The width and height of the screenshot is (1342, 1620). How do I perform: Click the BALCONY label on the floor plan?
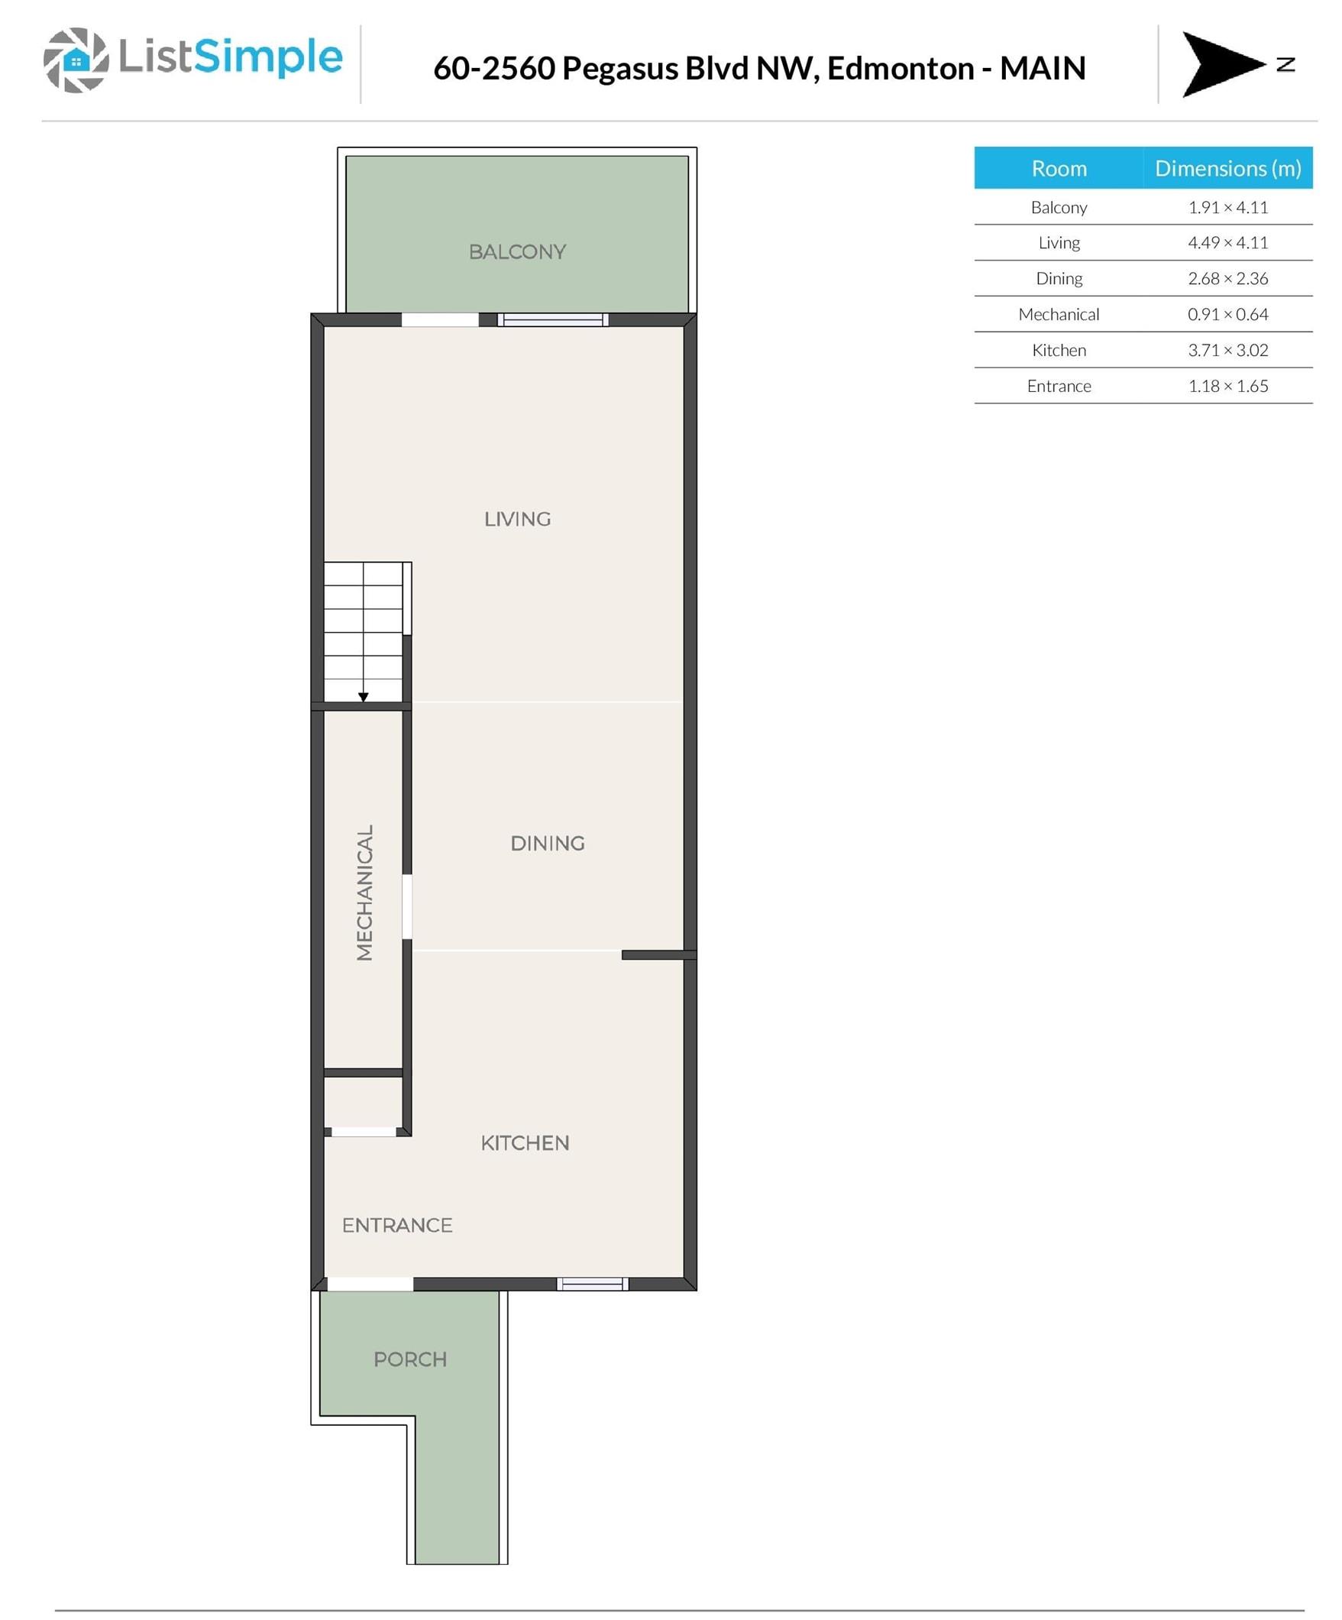pos(517,251)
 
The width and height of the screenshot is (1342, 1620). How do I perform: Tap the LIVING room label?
pos(517,519)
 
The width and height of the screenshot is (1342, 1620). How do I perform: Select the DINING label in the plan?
pos(547,843)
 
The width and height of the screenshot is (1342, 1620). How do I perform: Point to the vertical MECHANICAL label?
pos(364,892)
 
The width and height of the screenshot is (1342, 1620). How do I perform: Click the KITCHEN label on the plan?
pos(525,1142)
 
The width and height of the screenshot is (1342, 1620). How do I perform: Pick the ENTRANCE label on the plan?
pos(396,1225)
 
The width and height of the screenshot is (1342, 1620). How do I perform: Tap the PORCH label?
pos(409,1359)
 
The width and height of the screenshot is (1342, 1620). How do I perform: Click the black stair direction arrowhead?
pos(364,697)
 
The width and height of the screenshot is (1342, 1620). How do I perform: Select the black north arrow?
pos(1223,64)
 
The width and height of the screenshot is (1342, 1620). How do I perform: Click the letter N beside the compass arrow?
pos(1285,65)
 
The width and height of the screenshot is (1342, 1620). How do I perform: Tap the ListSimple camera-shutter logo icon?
pos(76,60)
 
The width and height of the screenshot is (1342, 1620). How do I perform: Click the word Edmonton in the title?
pos(900,68)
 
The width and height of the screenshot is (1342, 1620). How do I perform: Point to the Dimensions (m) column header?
pos(1227,168)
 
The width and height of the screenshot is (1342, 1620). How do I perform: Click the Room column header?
pos(1059,168)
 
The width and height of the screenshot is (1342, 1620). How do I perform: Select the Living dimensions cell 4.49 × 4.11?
pos(1227,242)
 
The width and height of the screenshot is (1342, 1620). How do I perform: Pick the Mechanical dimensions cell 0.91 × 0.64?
pos(1227,314)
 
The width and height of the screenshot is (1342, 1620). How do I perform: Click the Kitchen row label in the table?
pos(1059,350)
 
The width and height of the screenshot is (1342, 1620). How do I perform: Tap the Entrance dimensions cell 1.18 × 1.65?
pos(1227,386)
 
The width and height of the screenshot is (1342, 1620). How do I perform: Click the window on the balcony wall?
pos(552,320)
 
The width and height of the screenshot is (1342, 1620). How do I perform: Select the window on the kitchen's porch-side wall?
pos(593,1284)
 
